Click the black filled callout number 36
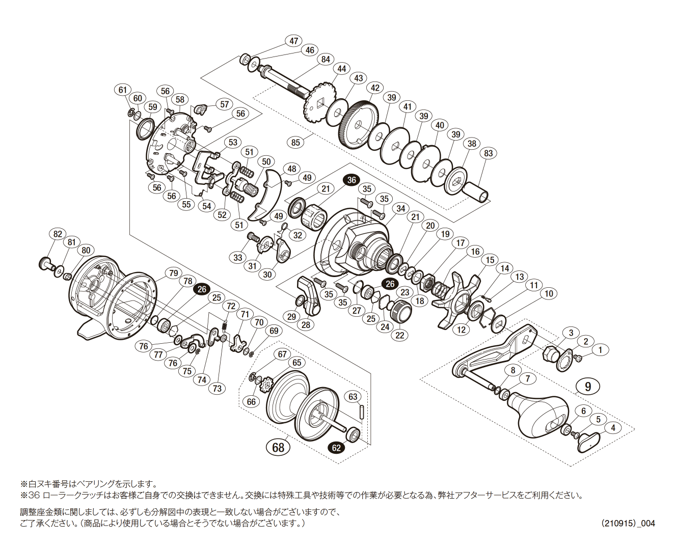[352, 180]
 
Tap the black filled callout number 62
[336, 448]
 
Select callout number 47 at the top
[294, 41]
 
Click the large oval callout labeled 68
[278, 448]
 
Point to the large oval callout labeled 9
[588, 387]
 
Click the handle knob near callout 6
[540, 415]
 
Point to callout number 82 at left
[58, 234]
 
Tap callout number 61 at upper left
[122, 90]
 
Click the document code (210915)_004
[628, 523]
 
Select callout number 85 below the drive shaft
[296, 142]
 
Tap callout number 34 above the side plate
[401, 208]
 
